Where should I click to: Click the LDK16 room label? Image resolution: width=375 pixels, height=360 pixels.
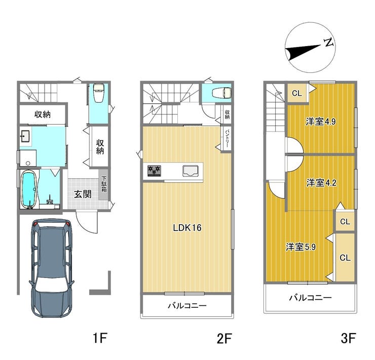pyautogui.click(x=187, y=228)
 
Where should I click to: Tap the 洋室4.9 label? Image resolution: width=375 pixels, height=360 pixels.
pyautogui.click(x=320, y=122)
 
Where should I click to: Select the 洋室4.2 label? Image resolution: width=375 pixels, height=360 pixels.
pyautogui.click(x=321, y=183)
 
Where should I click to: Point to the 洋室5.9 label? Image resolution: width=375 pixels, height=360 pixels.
pyautogui.click(x=301, y=247)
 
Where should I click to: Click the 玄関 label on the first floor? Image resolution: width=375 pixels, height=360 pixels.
pyautogui.click(x=83, y=194)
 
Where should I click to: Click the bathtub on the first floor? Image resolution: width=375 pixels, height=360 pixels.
pyautogui.click(x=29, y=190)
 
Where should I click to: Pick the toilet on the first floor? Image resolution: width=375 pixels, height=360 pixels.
pyautogui.click(x=98, y=93)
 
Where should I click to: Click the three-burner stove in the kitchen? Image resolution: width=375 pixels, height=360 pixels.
pyautogui.click(x=154, y=171)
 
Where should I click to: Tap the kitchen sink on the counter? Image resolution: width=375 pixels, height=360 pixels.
pyautogui.click(x=191, y=171)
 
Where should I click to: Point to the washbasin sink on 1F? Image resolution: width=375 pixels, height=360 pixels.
pyautogui.click(x=25, y=136)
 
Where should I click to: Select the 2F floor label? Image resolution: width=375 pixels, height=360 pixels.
pyautogui.click(x=224, y=339)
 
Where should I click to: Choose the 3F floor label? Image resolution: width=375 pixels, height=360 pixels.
pyautogui.click(x=348, y=339)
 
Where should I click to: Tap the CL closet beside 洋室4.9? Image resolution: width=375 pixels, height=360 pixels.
pyautogui.click(x=297, y=93)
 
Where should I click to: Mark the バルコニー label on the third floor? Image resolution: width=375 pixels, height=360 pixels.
pyautogui.click(x=311, y=297)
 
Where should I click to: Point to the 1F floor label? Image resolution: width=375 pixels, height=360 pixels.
pyautogui.click(x=100, y=339)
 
